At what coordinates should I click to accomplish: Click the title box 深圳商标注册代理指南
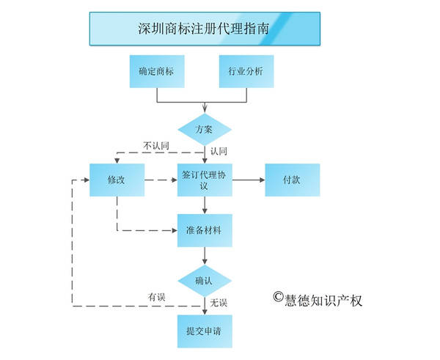point(205,29)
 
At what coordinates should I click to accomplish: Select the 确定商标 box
point(156,72)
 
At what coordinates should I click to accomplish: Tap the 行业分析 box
point(246,72)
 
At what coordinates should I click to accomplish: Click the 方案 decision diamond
point(204,129)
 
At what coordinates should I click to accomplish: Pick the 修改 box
point(117,180)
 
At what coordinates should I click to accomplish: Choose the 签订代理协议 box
point(205,180)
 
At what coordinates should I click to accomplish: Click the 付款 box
point(292,180)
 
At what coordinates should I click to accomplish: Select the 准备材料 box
point(205,229)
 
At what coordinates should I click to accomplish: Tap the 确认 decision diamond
point(205,281)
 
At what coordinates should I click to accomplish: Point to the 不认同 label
point(155,146)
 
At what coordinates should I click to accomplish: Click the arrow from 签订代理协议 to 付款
point(249,180)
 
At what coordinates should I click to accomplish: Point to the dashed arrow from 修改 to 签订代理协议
point(161,180)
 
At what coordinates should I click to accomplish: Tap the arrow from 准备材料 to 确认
point(205,256)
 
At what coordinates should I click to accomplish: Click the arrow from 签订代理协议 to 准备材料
point(205,205)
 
